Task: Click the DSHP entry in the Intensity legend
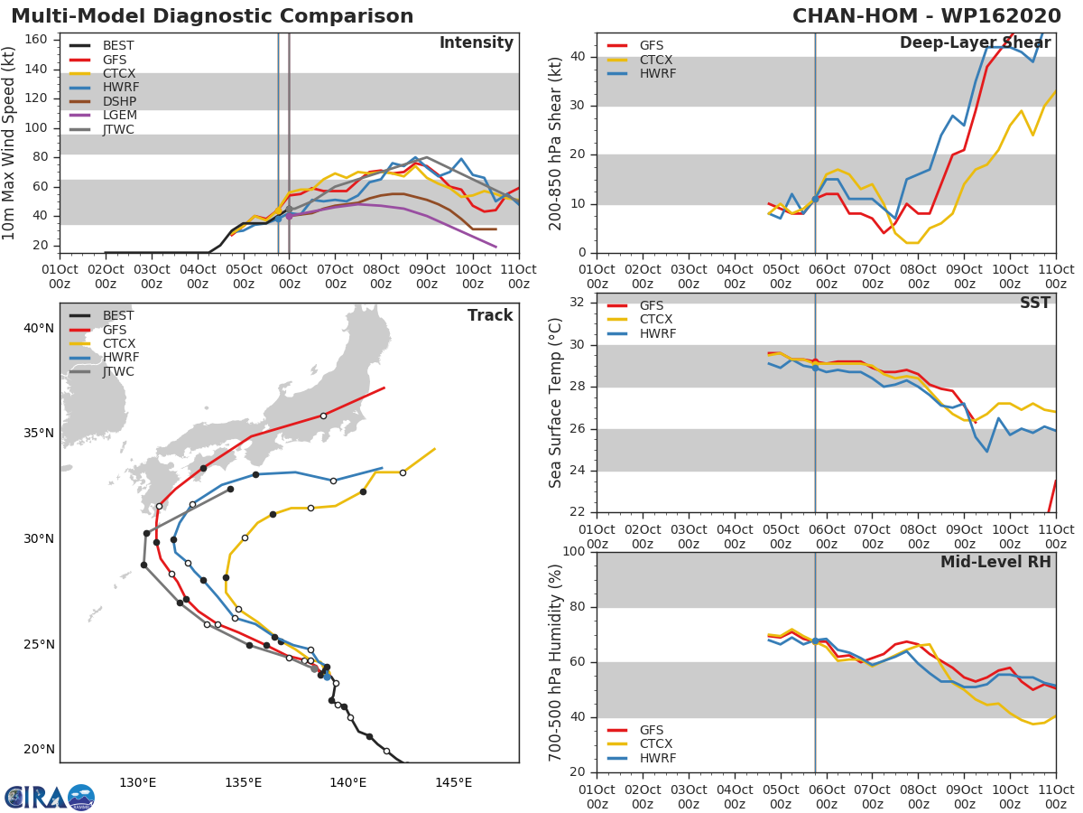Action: tap(118, 101)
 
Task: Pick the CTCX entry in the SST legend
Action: tap(657, 320)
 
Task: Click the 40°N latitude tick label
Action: tap(38, 328)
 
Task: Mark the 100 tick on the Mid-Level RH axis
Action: tap(574, 552)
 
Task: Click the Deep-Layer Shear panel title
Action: tap(975, 43)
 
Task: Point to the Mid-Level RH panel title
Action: tap(995, 562)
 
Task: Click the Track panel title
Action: tap(489, 315)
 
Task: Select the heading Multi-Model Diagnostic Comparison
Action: tap(212, 16)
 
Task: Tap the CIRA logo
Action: tap(49, 797)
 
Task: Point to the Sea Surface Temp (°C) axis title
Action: tap(556, 403)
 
